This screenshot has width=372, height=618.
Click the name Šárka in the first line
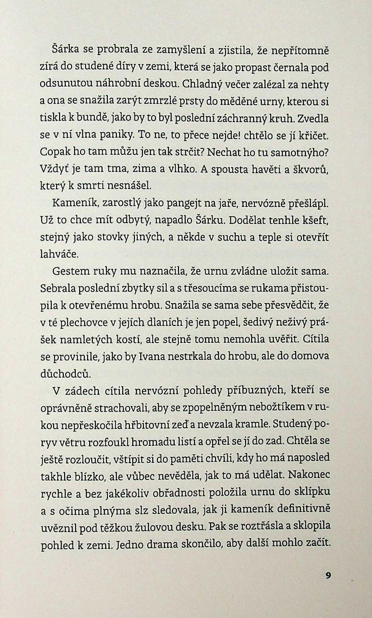pos(65,50)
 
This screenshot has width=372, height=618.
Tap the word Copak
pos(53,152)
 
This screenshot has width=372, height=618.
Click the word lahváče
pos(59,255)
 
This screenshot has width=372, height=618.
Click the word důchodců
pos(65,373)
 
